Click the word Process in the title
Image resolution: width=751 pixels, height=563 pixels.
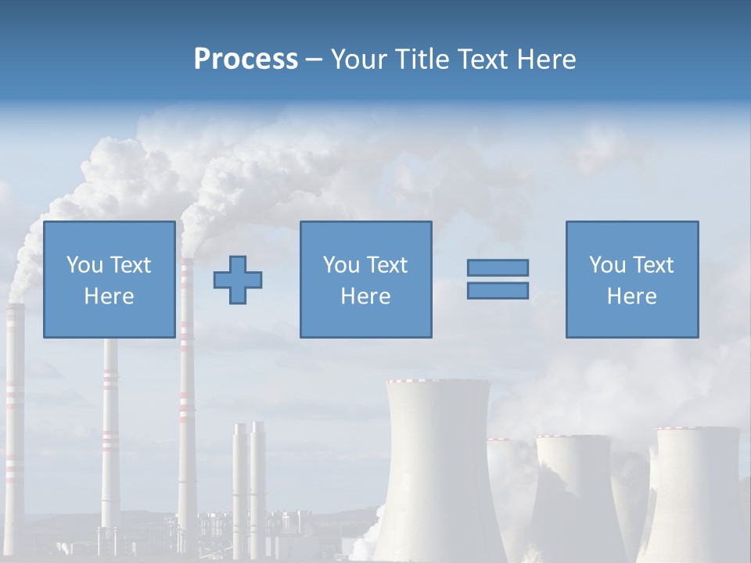[x=246, y=59]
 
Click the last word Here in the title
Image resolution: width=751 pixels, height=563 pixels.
[x=547, y=59]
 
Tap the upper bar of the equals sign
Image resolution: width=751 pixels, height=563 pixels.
[x=498, y=267]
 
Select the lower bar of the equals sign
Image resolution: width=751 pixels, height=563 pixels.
[x=498, y=291]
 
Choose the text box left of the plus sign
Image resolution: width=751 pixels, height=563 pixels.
[x=109, y=279]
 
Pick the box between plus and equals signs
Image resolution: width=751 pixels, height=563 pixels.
[x=365, y=279]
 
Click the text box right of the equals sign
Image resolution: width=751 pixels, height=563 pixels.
[x=631, y=279]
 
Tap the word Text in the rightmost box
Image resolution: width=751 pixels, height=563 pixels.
[x=653, y=265]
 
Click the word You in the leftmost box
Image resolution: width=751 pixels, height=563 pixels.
[x=84, y=265]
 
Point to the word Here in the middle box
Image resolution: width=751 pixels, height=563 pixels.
[x=365, y=296]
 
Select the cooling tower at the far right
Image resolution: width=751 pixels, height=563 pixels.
[x=696, y=493]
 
